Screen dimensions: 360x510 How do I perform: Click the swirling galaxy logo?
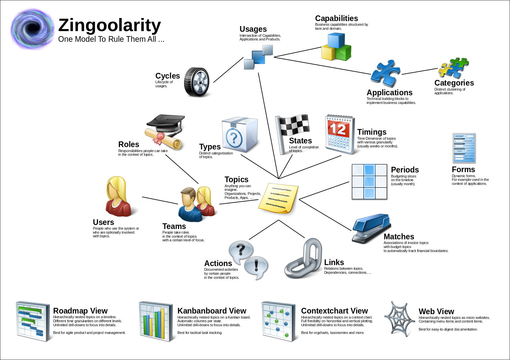tap(32, 29)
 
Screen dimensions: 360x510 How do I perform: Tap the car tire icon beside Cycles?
tap(197, 82)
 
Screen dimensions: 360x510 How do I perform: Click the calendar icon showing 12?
tap(339, 134)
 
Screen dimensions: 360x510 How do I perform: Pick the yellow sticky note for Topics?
tap(278, 198)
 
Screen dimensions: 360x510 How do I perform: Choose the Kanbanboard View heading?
tap(212, 311)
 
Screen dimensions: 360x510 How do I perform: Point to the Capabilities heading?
tap(336, 18)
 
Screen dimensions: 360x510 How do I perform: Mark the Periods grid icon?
tap(369, 182)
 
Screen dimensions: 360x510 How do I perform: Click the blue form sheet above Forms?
tap(464, 148)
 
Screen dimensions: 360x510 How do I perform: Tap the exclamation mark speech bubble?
tap(256, 267)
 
